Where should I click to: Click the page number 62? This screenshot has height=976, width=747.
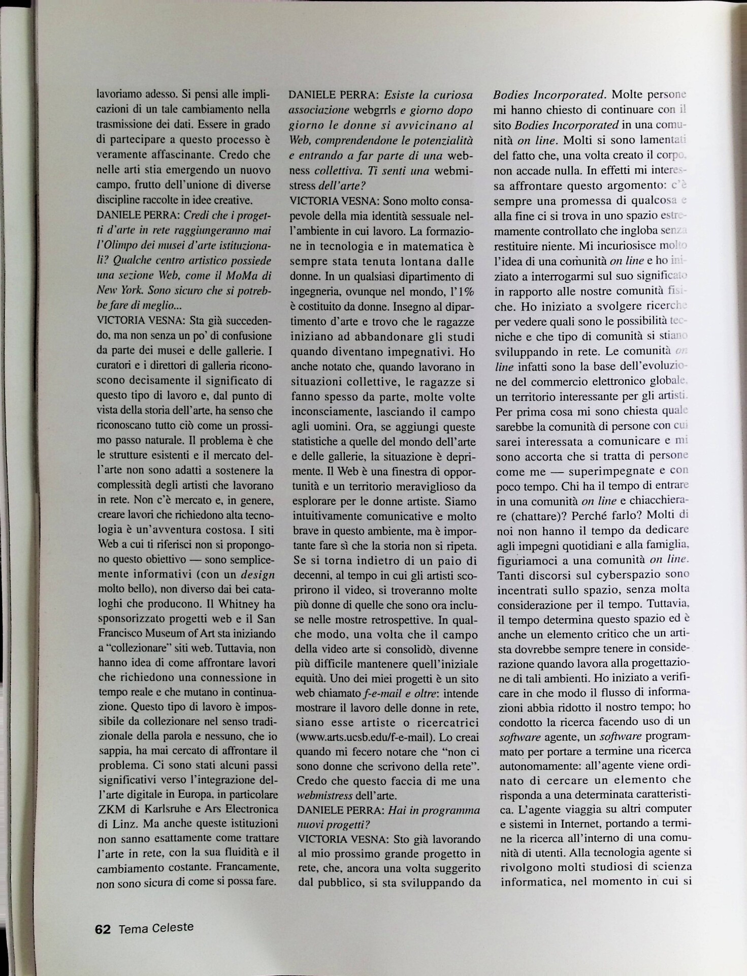[x=103, y=929]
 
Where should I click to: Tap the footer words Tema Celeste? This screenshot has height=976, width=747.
[x=156, y=927]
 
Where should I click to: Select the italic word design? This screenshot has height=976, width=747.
[x=257, y=574]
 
